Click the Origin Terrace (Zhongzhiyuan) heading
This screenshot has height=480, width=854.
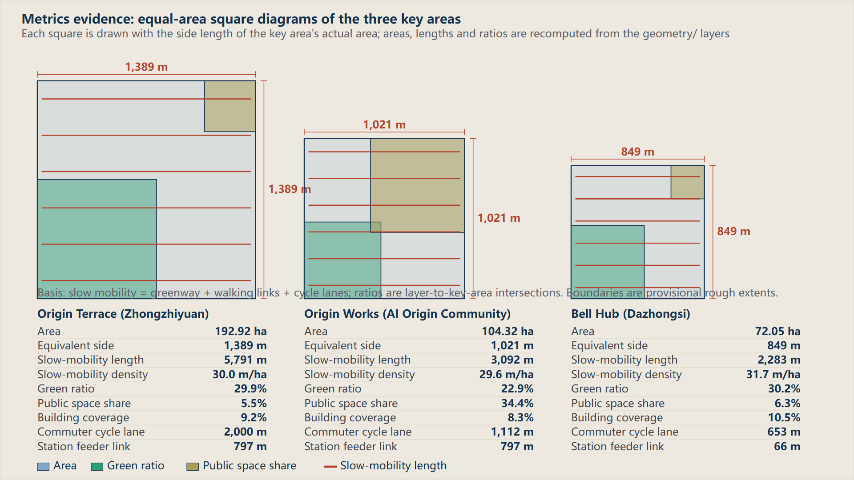tap(123, 314)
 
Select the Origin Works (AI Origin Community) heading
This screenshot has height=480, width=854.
tap(407, 314)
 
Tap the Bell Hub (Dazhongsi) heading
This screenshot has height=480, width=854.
tap(631, 314)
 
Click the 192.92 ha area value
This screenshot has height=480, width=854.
tap(241, 332)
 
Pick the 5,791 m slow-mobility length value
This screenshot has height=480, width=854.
tap(245, 360)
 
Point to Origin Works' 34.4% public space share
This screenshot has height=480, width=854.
tap(517, 403)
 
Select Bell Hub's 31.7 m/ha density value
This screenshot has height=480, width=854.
tap(773, 375)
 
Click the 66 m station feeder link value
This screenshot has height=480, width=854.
tap(787, 447)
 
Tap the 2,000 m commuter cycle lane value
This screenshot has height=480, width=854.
tap(245, 432)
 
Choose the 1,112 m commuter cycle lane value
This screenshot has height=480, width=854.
tap(512, 432)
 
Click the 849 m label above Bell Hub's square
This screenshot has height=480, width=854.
tap(637, 152)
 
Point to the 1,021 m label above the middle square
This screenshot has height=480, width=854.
tap(384, 125)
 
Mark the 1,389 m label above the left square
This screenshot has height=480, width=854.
tap(146, 67)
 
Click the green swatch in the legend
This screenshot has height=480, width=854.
tap(97, 466)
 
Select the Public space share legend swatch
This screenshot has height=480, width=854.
tap(193, 466)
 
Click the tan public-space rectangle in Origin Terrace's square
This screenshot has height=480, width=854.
tap(230, 106)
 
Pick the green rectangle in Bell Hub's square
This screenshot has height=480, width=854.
tap(608, 262)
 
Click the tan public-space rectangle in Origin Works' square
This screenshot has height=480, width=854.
tap(417, 185)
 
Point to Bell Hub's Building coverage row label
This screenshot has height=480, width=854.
tap(617, 418)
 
